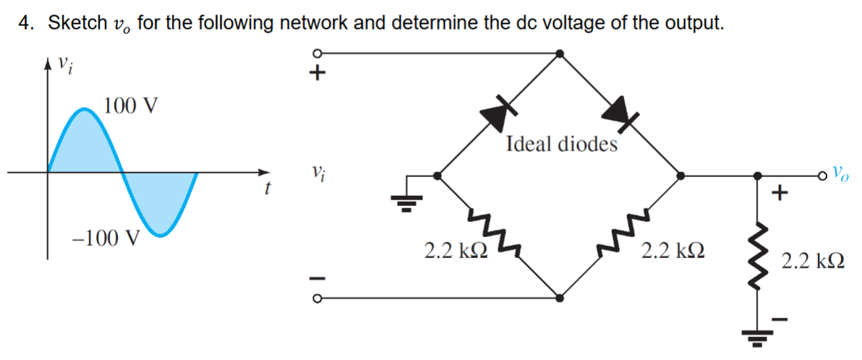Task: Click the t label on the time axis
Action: [268, 190]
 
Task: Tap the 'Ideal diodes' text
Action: [562, 145]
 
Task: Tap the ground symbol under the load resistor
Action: [757, 338]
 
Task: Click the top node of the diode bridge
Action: [559, 53]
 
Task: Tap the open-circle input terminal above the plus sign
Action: [316, 53]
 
